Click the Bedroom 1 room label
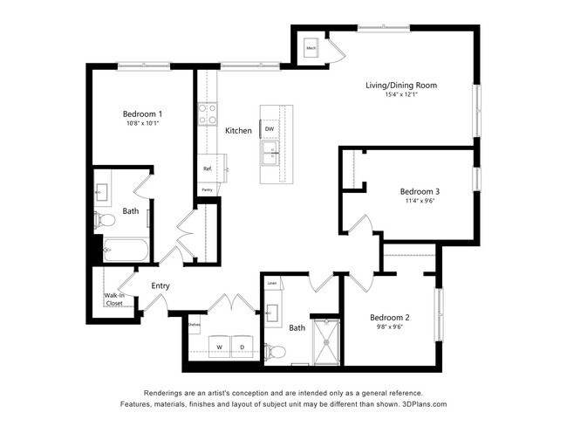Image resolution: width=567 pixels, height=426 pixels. tap(142, 113)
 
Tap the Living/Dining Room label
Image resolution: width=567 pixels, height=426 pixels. tap(400, 85)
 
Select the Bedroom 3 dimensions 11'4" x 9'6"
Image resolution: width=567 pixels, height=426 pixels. tap(419, 201)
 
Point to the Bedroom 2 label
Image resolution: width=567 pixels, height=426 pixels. tap(390, 317)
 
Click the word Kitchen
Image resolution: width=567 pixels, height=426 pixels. tap(238, 131)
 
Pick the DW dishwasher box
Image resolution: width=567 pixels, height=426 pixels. tap(270, 129)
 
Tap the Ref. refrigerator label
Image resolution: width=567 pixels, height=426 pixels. tap(208, 168)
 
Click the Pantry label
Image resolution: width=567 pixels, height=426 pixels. tap(207, 189)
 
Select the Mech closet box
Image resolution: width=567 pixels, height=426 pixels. tap(311, 48)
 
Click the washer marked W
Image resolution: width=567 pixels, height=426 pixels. tap(218, 346)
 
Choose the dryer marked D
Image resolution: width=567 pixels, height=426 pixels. tap(243, 346)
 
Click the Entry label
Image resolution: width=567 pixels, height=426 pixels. tap(161, 285)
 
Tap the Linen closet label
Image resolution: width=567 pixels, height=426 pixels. tap(272, 284)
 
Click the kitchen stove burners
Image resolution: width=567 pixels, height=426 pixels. tap(208, 114)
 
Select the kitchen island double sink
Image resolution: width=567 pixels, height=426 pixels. tap(270, 156)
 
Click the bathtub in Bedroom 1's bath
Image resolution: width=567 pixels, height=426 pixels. tap(127, 252)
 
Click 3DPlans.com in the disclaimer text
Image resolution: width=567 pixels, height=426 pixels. tap(421, 404)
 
